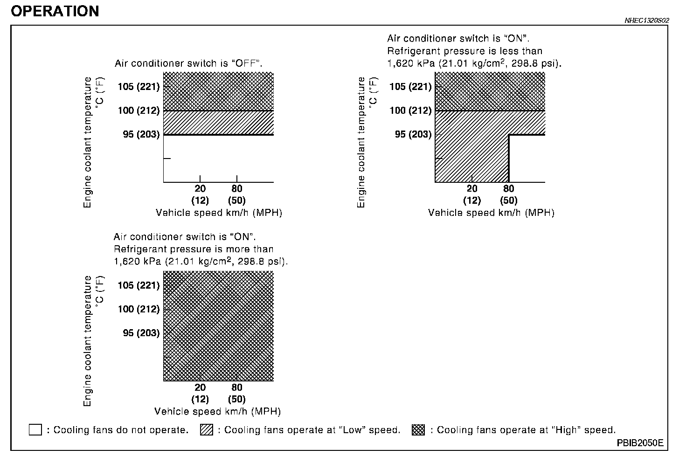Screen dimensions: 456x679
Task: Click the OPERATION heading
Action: coord(55,11)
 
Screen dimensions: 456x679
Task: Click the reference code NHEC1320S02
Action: coord(647,21)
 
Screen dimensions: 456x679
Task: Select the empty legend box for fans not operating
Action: coord(35,430)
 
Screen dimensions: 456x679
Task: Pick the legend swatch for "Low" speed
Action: coord(206,430)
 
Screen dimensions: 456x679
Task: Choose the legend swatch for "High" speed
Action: coord(418,430)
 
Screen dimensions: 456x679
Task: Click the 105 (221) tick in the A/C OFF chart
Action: coord(139,87)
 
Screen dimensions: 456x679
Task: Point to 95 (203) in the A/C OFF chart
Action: coord(141,135)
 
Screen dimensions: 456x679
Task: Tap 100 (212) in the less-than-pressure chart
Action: coord(410,111)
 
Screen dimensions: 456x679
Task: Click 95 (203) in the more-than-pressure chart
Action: coord(141,333)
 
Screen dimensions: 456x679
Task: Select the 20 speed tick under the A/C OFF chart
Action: coord(200,189)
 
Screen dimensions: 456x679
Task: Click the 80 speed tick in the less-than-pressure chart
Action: coord(508,189)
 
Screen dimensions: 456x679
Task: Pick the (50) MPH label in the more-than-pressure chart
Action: coord(236,400)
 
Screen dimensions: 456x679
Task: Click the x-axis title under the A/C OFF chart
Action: coord(219,213)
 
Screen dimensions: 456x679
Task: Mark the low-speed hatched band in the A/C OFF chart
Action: coord(218,123)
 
